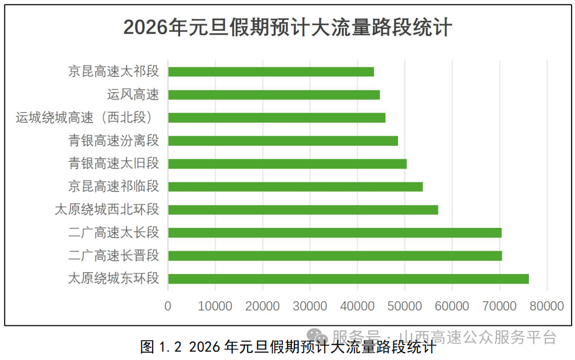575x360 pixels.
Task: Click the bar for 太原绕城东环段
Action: click(x=348, y=279)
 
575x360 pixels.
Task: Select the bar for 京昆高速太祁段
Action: click(x=270, y=72)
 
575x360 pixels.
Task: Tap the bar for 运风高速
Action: click(x=273, y=95)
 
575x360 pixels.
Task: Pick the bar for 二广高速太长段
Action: click(x=334, y=232)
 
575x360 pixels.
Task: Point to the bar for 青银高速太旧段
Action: click(x=287, y=163)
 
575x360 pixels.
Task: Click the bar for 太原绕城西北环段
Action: click(x=303, y=210)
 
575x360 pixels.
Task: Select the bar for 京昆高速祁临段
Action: click(x=295, y=186)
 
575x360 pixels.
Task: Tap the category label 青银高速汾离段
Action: click(x=113, y=141)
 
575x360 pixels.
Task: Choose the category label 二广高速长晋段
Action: click(x=113, y=256)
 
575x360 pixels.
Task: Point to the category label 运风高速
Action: click(x=133, y=95)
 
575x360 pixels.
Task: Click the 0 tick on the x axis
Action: click(x=168, y=306)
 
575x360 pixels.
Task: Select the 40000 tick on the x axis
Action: click(x=358, y=306)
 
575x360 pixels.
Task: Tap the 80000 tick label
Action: click(x=547, y=306)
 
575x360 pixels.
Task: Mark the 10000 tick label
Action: click(x=215, y=306)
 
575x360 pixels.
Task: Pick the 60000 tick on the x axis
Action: click(x=452, y=306)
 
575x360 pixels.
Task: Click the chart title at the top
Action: click(x=287, y=27)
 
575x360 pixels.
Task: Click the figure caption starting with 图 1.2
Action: click(x=287, y=346)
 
